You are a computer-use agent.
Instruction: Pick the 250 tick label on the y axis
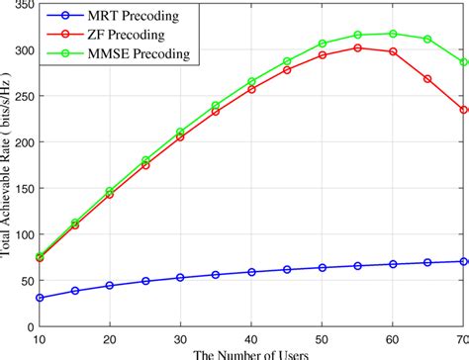tap(20, 97)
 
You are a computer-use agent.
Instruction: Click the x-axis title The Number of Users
tap(251, 353)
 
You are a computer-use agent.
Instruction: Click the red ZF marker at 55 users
tap(358, 47)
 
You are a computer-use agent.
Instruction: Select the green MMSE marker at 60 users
tap(393, 34)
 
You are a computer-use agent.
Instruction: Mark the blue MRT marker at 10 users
tap(39, 298)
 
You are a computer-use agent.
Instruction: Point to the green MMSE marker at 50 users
tap(323, 44)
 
